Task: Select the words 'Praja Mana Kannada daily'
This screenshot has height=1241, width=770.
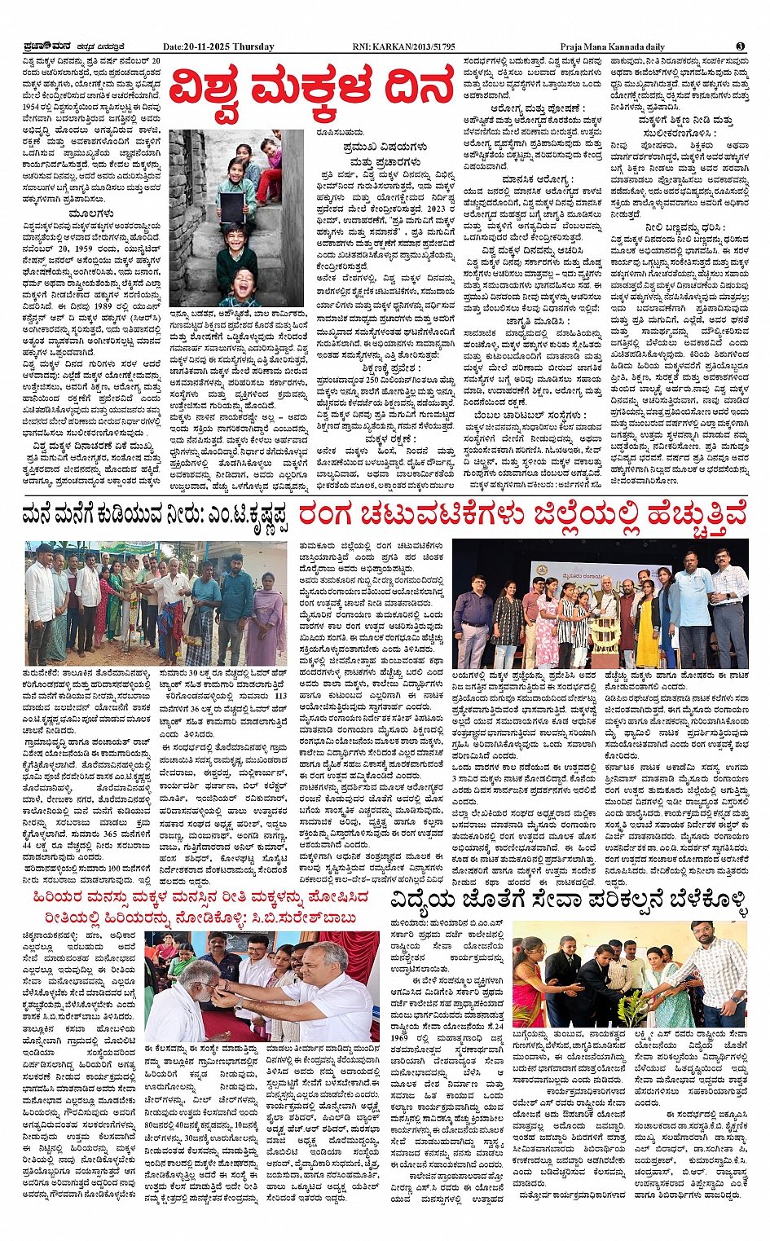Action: click(x=612, y=46)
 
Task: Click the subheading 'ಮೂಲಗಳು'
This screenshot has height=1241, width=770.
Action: click(x=91, y=214)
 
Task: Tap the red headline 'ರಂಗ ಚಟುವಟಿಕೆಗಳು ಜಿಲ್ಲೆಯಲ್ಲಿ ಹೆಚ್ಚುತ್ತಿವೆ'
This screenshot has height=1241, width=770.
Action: click(x=522, y=517)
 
